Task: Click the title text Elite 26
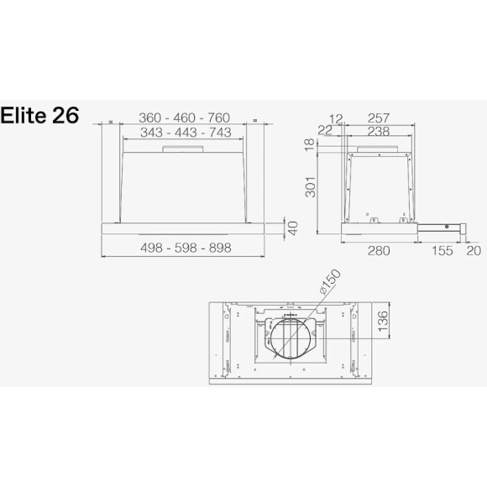[41, 115]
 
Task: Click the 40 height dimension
[292, 228]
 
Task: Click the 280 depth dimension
[380, 250]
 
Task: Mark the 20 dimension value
[474, 250]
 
